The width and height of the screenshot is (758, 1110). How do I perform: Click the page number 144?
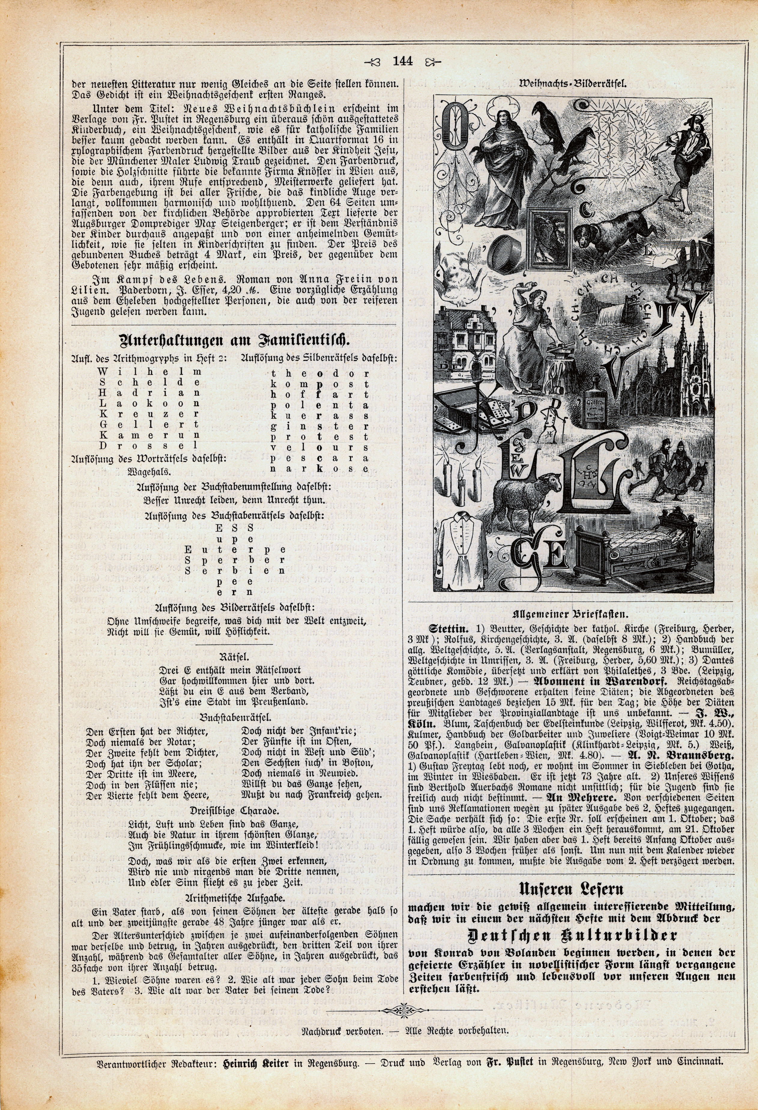tap(402, 61)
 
